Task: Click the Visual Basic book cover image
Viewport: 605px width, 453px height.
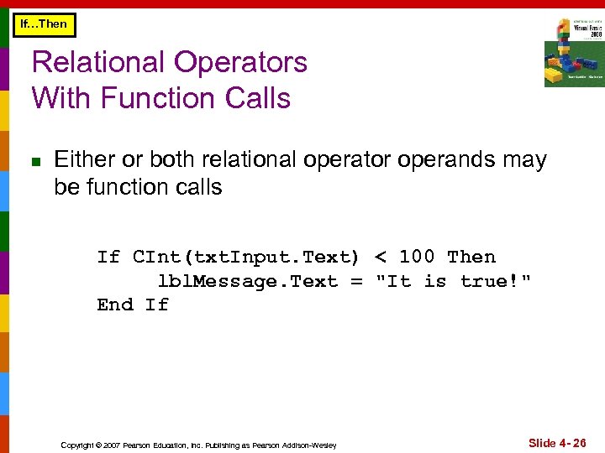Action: point(573,52)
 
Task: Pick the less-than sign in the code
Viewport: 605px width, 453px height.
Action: point(381,257)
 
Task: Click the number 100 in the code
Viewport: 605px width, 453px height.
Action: point(418,257)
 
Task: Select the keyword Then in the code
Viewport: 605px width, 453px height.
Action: point(471,257)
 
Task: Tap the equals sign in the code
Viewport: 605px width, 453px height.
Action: point(356,281)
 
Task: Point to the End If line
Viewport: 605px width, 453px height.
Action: point(133,305)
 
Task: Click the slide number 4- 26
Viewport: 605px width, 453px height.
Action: point(557,442)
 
